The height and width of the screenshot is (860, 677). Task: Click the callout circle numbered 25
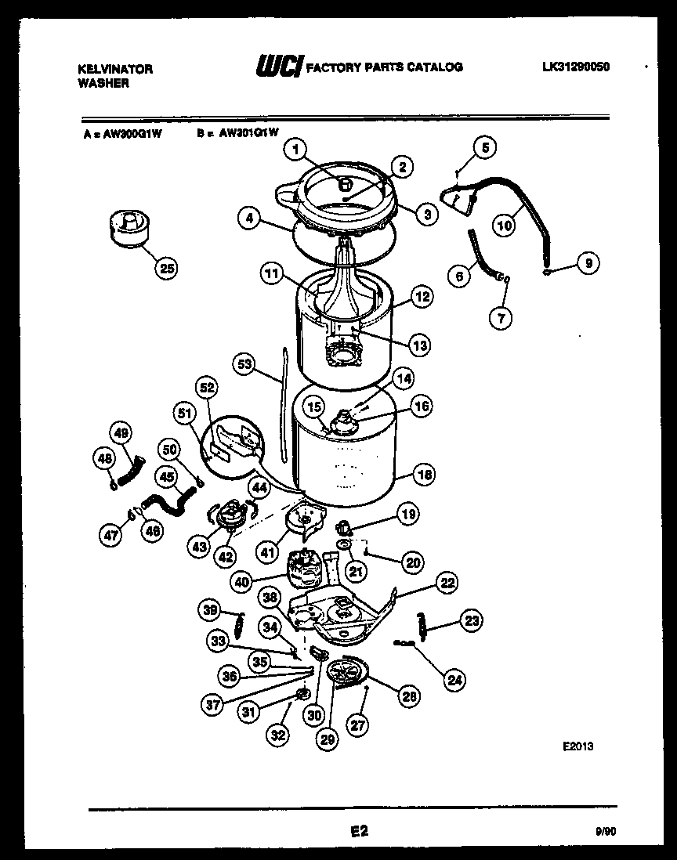(165, 269)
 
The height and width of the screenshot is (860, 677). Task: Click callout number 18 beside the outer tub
(425, 475)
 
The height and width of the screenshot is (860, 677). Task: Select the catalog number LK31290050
(575, 67)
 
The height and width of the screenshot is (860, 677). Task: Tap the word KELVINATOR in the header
(115, 69)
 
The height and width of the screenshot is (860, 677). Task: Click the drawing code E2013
(577, 747)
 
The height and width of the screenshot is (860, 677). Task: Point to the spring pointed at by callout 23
(424, 626)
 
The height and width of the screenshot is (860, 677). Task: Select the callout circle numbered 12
(422, 297)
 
